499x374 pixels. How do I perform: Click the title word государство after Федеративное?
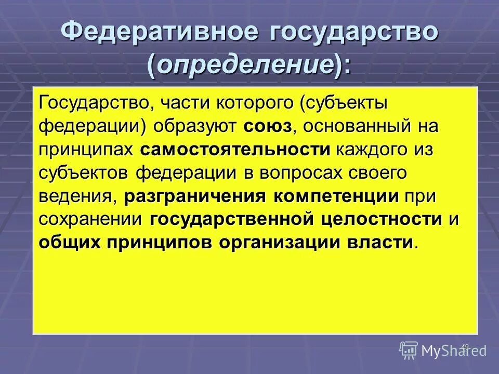click(x=353, y=32)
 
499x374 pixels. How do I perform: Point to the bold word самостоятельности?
click(x=235, y=150)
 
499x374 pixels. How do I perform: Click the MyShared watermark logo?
click(x=443, y=350)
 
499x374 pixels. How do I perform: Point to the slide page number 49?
click(x=465, y=346)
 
